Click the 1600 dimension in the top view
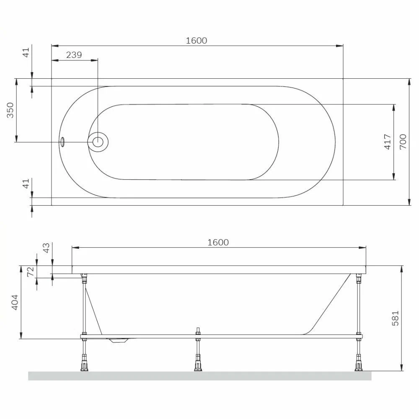[197, 41]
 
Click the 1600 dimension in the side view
[218, 242]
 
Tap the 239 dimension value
[74, 55]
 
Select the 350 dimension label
[10, 110]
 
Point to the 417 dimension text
[388, 142]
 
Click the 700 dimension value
[403, 142]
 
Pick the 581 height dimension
[395, 318]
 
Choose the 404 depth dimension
[15, 302]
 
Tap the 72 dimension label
[31, 272]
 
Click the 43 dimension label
[46, 248]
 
